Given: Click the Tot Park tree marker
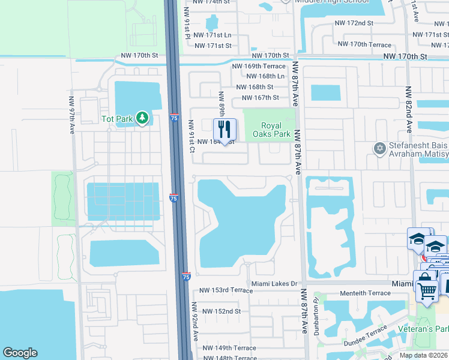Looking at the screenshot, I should point(142,118).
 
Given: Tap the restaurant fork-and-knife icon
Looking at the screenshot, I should point(225,129).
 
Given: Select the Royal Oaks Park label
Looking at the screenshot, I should point(276,130).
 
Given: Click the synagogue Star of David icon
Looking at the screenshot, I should point(379,148).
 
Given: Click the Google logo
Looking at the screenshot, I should point(20,353).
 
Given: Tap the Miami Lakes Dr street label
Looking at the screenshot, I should point(274,283).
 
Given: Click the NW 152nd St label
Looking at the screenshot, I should point(221,311).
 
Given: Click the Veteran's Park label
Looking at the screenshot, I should point(423,329).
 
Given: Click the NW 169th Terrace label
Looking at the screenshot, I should point(259,66).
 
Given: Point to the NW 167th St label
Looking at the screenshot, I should point(259,97).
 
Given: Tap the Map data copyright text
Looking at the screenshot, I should point(424,355).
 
